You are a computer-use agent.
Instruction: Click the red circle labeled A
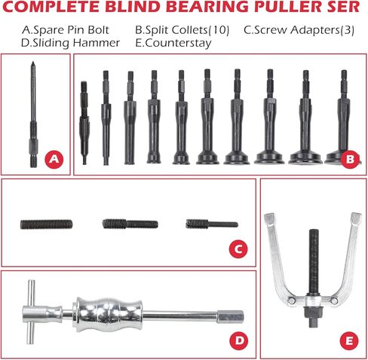coord(53,159)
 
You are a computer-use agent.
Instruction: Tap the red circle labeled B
coord(348,159)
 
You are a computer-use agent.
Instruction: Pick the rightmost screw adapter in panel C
coord(211,223)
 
